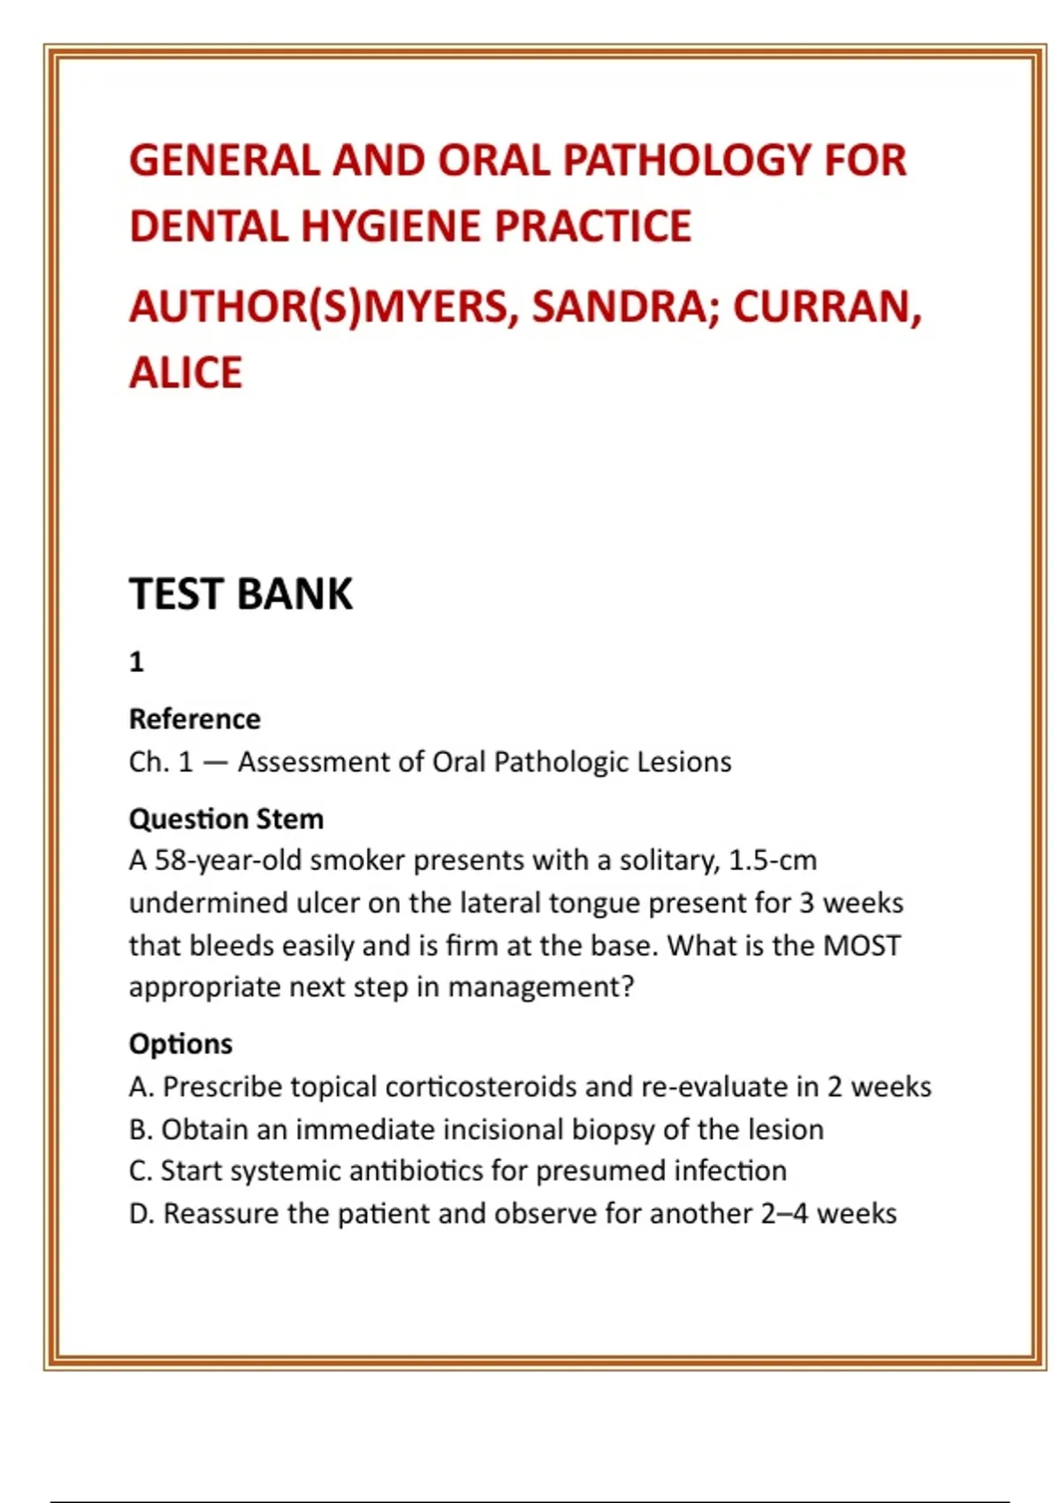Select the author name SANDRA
[625, 307]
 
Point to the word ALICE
[186, 372]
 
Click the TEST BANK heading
[240, 593]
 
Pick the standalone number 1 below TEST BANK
[136, 661]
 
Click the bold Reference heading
[195, 719]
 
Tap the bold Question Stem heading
[226, 819]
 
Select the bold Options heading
[180, 1043]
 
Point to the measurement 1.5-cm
[772, 860]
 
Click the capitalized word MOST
[861, 945]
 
